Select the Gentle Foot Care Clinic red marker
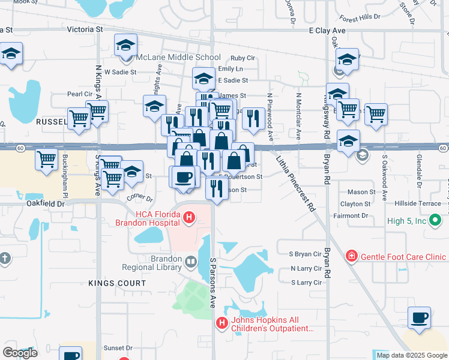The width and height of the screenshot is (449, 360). pyautogui.click(x=351, y=257)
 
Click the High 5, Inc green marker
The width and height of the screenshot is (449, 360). pyautogui.click(x=436, y=221)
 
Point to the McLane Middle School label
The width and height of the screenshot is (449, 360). pyautogui.click(x=170, y=58)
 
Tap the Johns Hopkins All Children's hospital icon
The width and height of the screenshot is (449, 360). pyautogui.click(x=222, y=323)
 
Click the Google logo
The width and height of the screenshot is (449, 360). pyautogui.click(x=20, y=352)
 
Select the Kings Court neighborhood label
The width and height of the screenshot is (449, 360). pyautogui.click(x=116, y=283)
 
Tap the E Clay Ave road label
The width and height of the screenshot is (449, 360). pyautogui.click(x=327, y=29)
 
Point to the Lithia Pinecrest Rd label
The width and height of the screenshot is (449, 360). pyautogui.click(x=296, y=182)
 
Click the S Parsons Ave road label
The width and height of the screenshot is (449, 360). pyautogui.click(x=212, y=283)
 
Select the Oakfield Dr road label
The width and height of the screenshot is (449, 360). pyautogui.click(x=45, y=204)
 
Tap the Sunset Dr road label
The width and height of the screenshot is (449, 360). pyautogui.click(x=118, y=347)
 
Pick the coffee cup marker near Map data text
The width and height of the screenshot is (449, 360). pyautogui.click(x=419, y=317)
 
